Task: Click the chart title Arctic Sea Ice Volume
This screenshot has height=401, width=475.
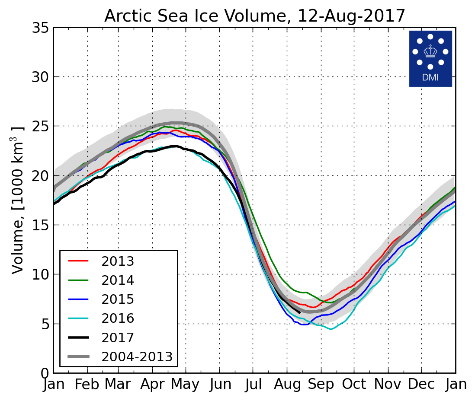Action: pyautogui.click(x=254, y=16)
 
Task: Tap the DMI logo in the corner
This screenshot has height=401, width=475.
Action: pyautogui.click(x=430, y=58)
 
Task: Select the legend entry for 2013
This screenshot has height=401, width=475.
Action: pyautogui.click(x=118, y=261)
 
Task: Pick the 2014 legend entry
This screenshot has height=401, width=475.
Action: pyautogui.click(x=118, y=280)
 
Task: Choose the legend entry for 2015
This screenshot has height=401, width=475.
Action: pyautogui.click(x=118, y=299)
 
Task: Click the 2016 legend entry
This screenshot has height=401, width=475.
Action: pyautogui.click(x=118, y=318)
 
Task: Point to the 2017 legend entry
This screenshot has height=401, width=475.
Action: pyautogui.click(x=118, y=337)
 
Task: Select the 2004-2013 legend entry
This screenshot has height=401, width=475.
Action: pyautogui.click(x=137, y=357)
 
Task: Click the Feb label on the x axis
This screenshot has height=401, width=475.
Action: pyautogui.click(x=87, y=384)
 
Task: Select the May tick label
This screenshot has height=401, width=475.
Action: pyautogui.click(x=186, y=384)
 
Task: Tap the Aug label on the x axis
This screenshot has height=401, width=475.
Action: pyautogui.click(x=286, y=384)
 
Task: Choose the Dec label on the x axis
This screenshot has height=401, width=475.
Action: pyautogui.click(x=421, y=384)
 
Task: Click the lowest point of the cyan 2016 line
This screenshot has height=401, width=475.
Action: pyautogui.click(x=331, y=329)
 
